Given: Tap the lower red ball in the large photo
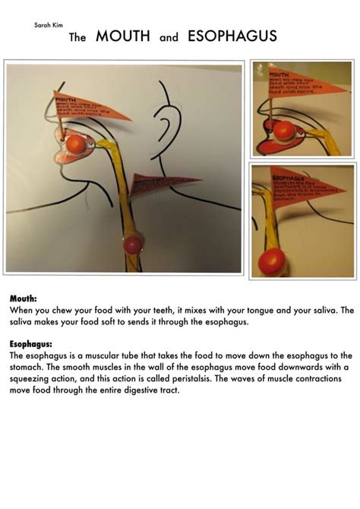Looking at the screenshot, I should click(134, 244).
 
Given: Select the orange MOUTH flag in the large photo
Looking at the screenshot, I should click(85, 106).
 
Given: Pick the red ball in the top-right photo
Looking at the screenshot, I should click(285, 131).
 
